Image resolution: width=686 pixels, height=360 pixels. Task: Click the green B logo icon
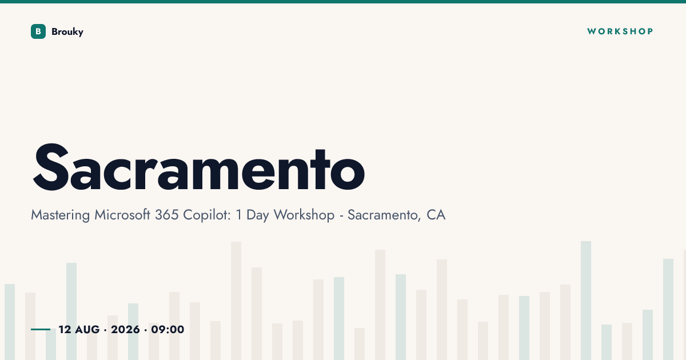pyautogui.click(x=38, y=31)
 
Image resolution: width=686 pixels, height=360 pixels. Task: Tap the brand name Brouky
pyautogui.click(x=67, y=32)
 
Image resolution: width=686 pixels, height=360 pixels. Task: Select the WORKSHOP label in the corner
pyautogui.click(x=620, y=31)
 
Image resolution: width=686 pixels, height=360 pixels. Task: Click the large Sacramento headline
pyautogui.click(x=199, y=167)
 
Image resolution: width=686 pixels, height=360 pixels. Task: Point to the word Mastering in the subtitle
pyautogui.click(x=61, y=215)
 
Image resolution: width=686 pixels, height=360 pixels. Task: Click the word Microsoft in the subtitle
pyautogui.click(x=122, y=215)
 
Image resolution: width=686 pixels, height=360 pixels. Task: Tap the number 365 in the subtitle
pyautogui.click(x=166, y=215)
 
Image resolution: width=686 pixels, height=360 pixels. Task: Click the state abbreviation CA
pyautogui.click(x=436, y=215)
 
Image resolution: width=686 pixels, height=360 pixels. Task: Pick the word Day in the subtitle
pyautogui.click(x=258, y=215)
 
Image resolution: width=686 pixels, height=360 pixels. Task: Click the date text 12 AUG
pyautogui.click(x=79, y=330)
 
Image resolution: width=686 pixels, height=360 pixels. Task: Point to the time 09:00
pyautogui.click(x=167, y=330)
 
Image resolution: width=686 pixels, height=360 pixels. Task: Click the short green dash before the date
pyautogui.click(x=41, y=329)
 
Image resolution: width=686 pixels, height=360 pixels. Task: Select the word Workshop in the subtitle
pyautogui.click(x=304, y=215)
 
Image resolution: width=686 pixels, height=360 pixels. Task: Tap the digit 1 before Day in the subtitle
pyautogui.click(x=239, y=215)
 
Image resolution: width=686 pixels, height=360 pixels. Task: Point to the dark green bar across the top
pyautogui.click(x=343, y=2)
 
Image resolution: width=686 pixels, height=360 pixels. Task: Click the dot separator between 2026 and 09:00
pyautogui.click(x=145, y=330)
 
